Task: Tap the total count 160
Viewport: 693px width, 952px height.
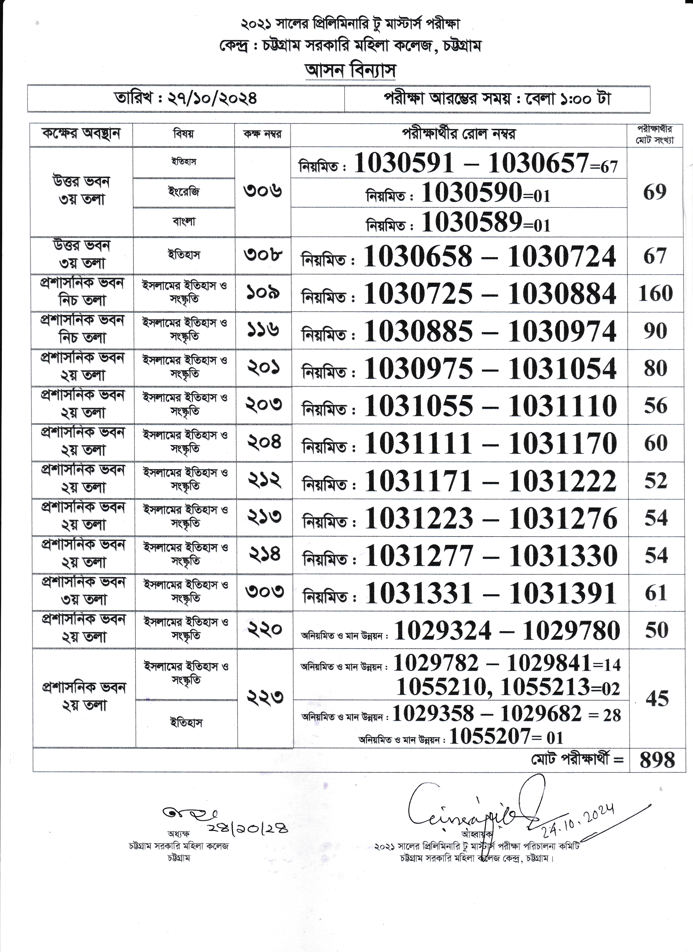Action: click(x=655, y=293)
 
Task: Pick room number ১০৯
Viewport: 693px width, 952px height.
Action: click(x=263, y=293)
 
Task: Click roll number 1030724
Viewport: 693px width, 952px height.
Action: click(x=562, y=256)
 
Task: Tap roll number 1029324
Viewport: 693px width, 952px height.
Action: click(x=443, y=630)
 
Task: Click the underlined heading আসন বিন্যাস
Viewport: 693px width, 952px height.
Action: click(x=350, y=71)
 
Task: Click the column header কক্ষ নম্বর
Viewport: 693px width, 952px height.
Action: click(x=263, y=134)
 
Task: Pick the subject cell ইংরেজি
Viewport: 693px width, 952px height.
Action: click(x=184, y=192)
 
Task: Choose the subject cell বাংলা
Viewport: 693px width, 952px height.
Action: click(x=184, y=222)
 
